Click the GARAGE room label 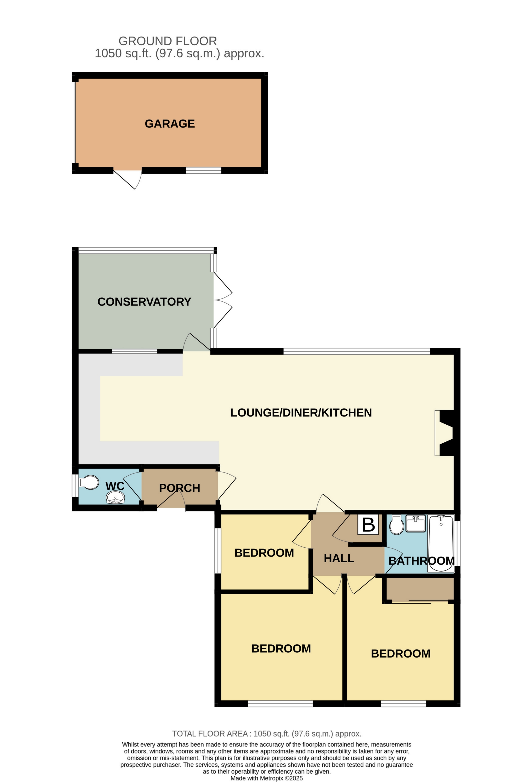(x=170, y=124)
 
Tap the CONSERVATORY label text (x=144, y=302)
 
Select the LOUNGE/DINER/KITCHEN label (x=301, y=413)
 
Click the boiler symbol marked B (x=368, y=524)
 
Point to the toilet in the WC (x=89, y=482)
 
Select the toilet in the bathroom (x=397, y=525)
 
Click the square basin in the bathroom (x=416, y=524)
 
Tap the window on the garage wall (x=203, y=170)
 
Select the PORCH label (x=179, y=488)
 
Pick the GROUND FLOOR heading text (x=168, y=41)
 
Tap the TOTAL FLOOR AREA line (x=266, y=734)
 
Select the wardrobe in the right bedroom (x=420, y=589)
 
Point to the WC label (x=115, y=486)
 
